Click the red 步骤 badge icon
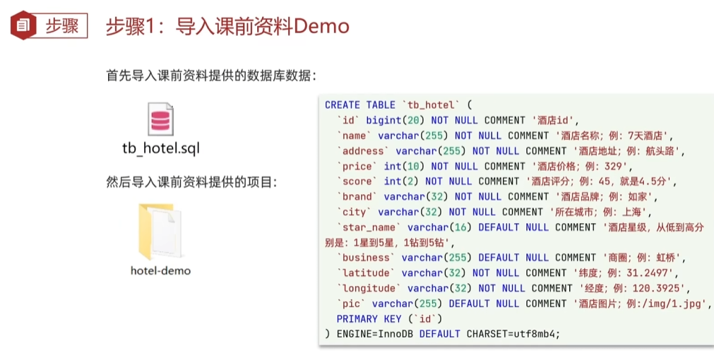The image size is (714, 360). (23, 25)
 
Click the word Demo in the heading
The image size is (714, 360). (321, 26)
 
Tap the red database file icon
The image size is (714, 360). (160, 119)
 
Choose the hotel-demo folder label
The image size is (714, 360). (160, 270)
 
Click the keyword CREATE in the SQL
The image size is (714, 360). (343, 104)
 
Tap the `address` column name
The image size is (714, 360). (363, 150)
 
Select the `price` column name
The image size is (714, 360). (357, 166)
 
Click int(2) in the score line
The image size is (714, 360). (398, 181)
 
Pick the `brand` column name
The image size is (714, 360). (357, 196)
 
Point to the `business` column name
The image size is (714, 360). (366, 258)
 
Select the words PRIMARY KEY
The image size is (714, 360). (369, 318)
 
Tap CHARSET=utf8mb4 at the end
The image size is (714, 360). (513, 333)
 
